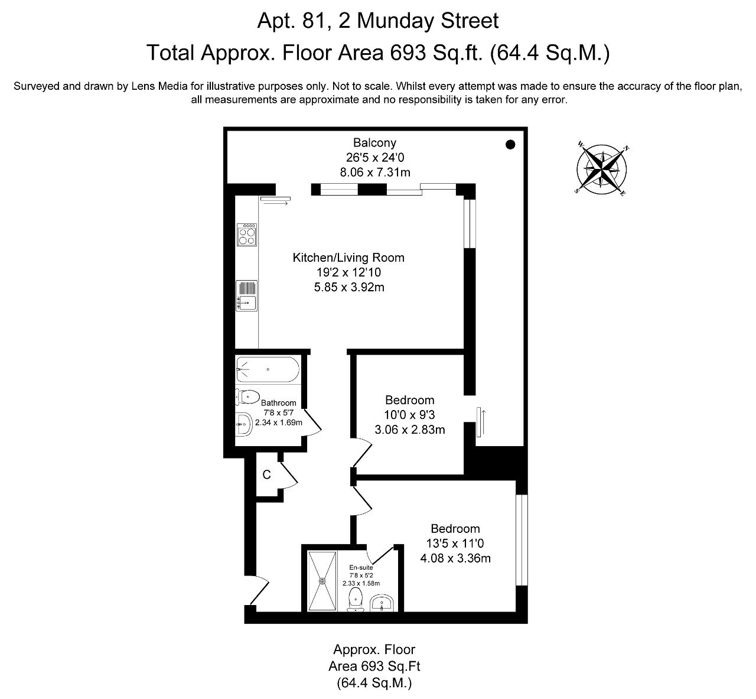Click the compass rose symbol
click(601, 169)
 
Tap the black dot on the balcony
click(510, 144)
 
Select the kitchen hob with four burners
click(247, 234)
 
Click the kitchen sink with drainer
click(246, 295)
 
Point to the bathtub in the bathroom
click(268, 369)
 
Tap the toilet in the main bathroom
click(247, 397)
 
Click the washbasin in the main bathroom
click(244, 424)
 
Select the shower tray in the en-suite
click(322, 581)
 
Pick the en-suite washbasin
click(382, 603)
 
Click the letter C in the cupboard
click(266, 474)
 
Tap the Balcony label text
click(374, 142)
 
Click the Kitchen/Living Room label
click(348, 258)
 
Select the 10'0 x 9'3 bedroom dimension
click(409, 414)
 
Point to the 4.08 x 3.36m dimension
click(455, 558)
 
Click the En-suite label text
click(361, 567)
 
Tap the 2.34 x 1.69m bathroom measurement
click(279, 422)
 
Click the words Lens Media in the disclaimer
click(159, 86)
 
